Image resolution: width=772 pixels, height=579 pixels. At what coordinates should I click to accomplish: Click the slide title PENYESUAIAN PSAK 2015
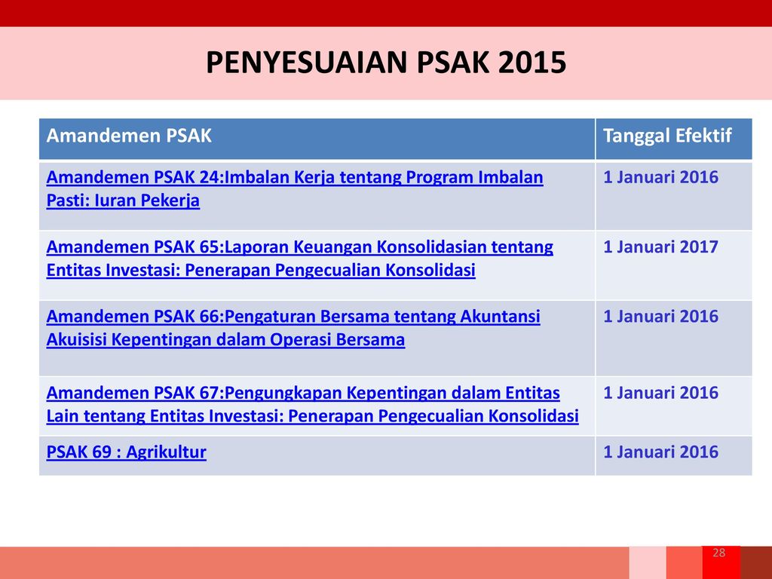click(386, 64)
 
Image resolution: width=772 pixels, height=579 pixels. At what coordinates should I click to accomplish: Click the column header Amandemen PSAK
click(128, 136)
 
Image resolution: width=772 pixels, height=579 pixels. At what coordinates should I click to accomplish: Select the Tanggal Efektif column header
click(667, 136)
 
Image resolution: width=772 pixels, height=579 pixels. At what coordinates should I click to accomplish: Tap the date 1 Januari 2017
click(660, 247)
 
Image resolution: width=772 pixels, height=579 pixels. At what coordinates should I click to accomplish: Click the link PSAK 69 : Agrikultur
click(126, 452)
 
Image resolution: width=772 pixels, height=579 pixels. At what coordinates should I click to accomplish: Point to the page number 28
click(718, 553)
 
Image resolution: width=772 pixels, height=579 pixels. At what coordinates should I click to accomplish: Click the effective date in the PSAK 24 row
click(660, 178)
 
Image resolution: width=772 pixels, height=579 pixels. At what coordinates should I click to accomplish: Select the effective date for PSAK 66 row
click(660, 317)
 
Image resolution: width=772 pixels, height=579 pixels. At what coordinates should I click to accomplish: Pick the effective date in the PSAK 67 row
click(660, 393)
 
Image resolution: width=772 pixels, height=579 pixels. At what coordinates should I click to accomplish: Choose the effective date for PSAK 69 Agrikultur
click(660, 452)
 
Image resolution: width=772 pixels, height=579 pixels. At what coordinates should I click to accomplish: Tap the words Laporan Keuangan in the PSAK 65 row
click(285, 247)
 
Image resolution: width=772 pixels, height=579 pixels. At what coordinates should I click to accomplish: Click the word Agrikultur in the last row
click(166, 452)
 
